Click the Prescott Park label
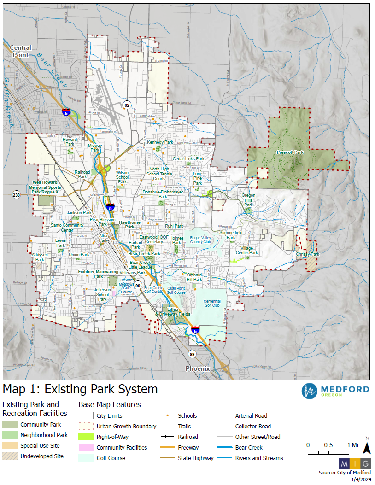point(290,152)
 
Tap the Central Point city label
point(20,51)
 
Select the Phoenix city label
point(197,369)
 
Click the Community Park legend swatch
point(10,425)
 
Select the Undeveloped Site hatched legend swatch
point(10,456)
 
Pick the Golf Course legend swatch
point(86,458)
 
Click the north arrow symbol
point(367,447)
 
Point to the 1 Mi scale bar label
point(353,445)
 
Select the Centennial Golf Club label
point(212,304)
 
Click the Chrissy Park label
point(307,254)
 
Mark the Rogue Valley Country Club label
point(200,240)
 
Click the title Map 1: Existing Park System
point(80,389)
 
